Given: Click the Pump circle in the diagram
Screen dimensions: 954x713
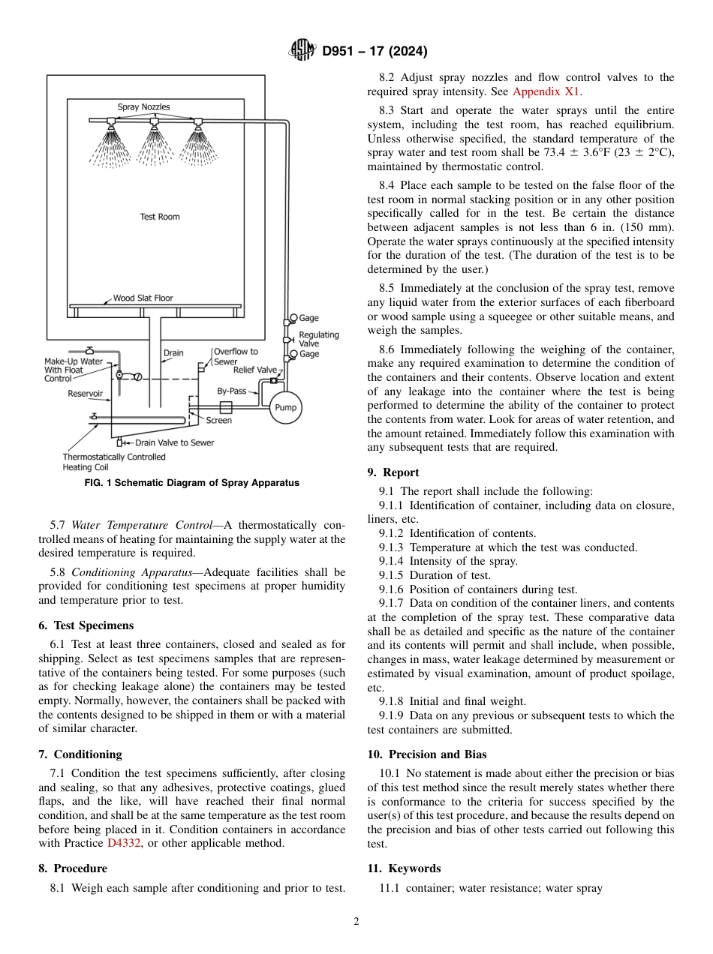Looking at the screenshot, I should click(285, 408).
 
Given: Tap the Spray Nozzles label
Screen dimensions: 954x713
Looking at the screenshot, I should click(143, 107).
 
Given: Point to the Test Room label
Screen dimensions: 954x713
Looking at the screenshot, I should click(160, 217).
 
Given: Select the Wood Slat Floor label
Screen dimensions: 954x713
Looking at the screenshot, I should click(143, 298).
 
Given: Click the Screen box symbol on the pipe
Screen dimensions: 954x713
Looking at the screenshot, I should click(225, 407).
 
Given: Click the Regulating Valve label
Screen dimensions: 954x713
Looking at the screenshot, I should click(319, 339).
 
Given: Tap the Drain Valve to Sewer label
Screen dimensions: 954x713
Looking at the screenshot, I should click(174, 442).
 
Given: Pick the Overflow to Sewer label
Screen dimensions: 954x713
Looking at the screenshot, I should click(235, 356).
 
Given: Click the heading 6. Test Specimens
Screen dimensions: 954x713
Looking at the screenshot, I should click(86, 625).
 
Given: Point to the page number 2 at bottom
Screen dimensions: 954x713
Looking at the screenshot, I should click(356, 922).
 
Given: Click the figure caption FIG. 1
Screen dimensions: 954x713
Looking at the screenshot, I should click(191, 483).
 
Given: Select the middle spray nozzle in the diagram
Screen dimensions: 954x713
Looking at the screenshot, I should click(154, 122).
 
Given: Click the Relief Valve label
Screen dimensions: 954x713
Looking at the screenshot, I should click(254, 370).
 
